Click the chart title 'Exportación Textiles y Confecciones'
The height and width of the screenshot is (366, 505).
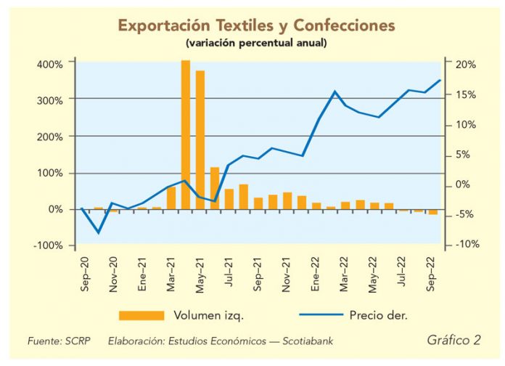(256, 26)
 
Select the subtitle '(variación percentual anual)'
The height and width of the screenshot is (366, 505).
(256, 44)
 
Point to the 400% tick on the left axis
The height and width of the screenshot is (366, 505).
(50, 64)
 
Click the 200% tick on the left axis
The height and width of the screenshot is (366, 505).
(50, 137)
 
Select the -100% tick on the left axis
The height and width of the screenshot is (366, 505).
(48, 245)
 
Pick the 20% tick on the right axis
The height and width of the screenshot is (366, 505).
(466, 64)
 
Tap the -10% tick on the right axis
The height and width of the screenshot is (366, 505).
(466, 245)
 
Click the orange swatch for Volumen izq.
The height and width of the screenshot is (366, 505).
(141, 314)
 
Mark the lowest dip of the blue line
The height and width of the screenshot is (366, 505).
(99, 232)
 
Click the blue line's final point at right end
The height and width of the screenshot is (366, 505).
(440, 80)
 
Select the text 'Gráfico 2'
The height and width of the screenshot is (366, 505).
(453, 339)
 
